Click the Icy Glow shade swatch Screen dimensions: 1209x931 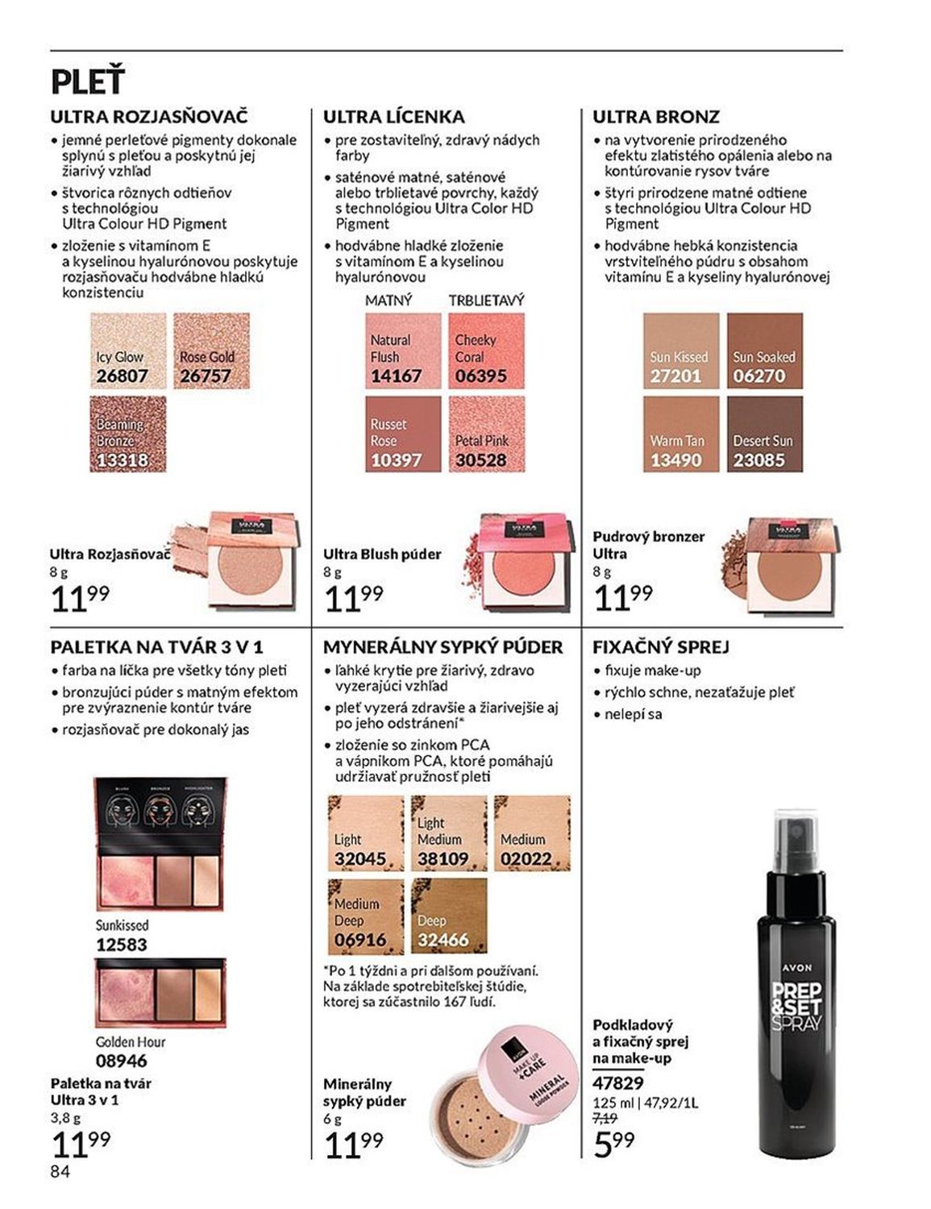tap(127, 351)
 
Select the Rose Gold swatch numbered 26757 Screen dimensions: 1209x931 tap(211, 351)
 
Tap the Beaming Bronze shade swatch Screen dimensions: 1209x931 tap(127, 434)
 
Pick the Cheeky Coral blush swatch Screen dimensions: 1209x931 tap(486, 351)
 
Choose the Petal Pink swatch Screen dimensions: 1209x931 tap(486, 434)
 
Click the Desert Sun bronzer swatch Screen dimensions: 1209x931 tap(764, 434)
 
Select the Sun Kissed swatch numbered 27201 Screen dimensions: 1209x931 tap(680, 351)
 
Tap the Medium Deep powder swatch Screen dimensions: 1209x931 tap(365, 916)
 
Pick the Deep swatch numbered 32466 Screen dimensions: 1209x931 tap(448, 916)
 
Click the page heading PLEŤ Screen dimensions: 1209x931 tap(88, 82)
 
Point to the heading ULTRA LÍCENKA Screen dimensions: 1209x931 tap(393, 117)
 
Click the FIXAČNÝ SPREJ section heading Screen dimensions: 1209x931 tap(660, 646)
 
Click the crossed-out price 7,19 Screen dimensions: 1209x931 tap(605, 1118)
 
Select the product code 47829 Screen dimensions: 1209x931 tap(618, 1083)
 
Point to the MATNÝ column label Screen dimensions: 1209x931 tap(388, 300)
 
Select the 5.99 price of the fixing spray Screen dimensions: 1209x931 tap(613, 1143)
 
